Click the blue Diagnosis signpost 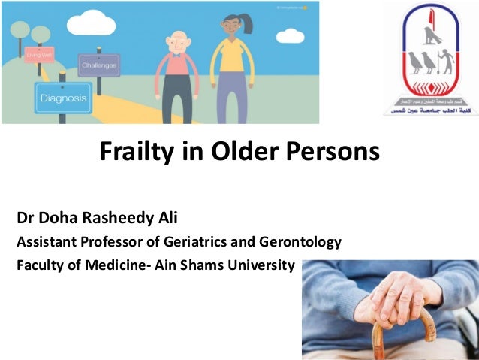click(x=62, y=98)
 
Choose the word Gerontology click(x=302, y=243)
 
